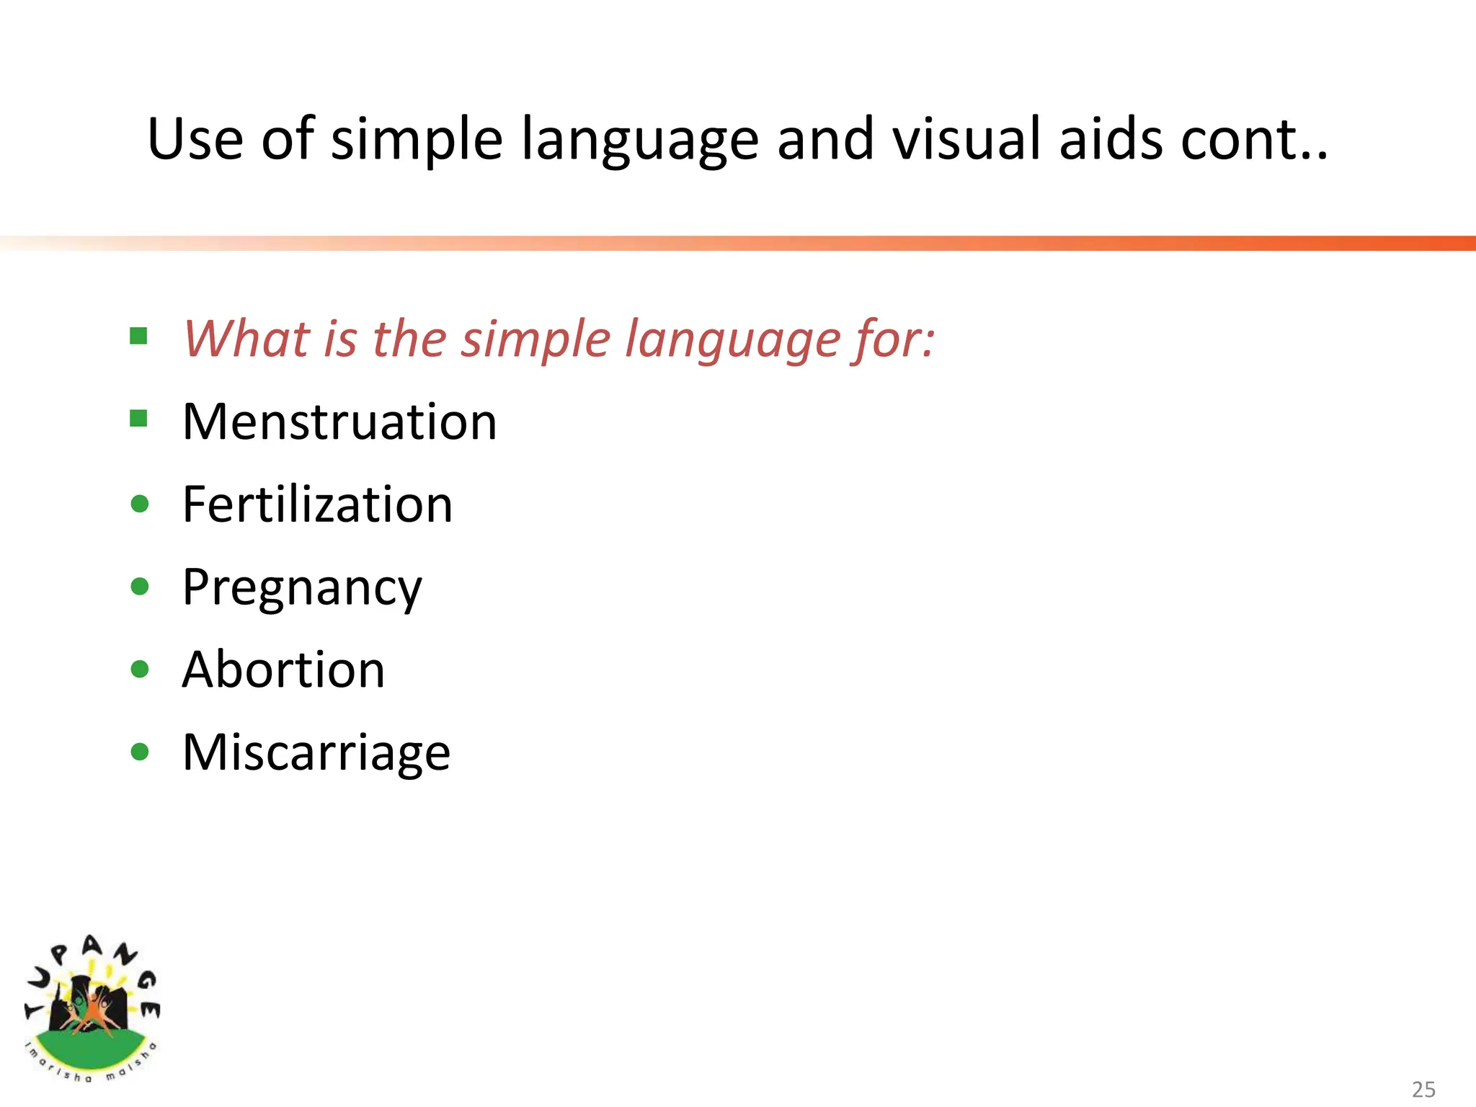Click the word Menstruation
(x=339, y=422)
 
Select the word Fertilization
(x=318, y=504)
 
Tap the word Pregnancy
(x=302, y=588)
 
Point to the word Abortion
(x=283, y=670)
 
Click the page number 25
(x=1423, y=1089)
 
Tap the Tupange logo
(x=92, y=1008)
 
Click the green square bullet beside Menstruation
(x=139, y=419)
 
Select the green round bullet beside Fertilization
(x=140, y=503)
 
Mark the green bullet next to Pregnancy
(x=140, y=586)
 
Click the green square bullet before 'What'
(x=139, y=336)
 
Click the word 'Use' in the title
(x=195, y=138)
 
